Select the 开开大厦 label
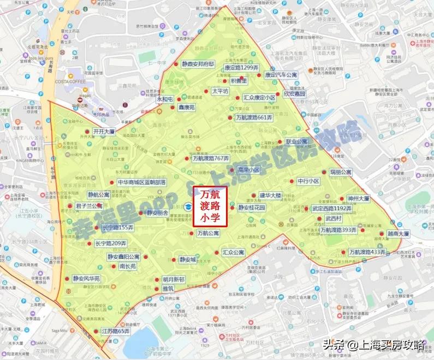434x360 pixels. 103,132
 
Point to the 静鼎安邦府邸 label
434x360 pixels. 198,63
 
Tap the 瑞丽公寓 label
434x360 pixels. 341,172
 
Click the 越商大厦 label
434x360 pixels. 398,233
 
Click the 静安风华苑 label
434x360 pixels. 86,279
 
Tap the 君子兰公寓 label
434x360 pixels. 89,206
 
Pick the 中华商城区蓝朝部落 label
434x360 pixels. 141,182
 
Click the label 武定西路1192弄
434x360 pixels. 332,209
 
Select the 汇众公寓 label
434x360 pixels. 233,253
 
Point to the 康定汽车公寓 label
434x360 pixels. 281,75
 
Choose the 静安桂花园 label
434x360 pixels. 251,208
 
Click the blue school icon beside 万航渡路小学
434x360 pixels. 187,206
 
